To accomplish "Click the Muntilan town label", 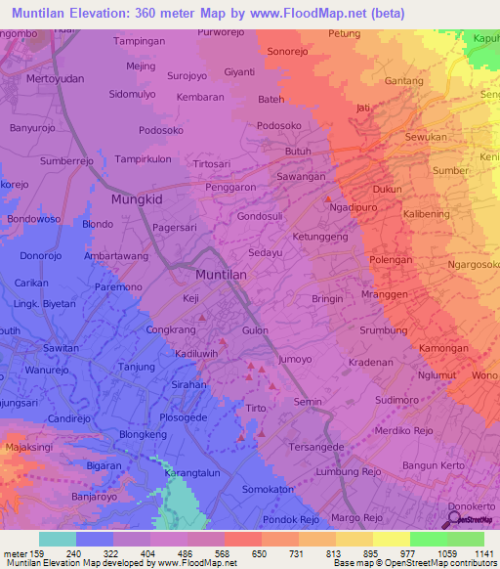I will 221,276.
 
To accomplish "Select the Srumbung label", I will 383,330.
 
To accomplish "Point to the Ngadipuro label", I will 355,208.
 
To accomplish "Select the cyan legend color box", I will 58,539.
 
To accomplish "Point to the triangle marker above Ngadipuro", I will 328,198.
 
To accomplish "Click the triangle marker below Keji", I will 201,317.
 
